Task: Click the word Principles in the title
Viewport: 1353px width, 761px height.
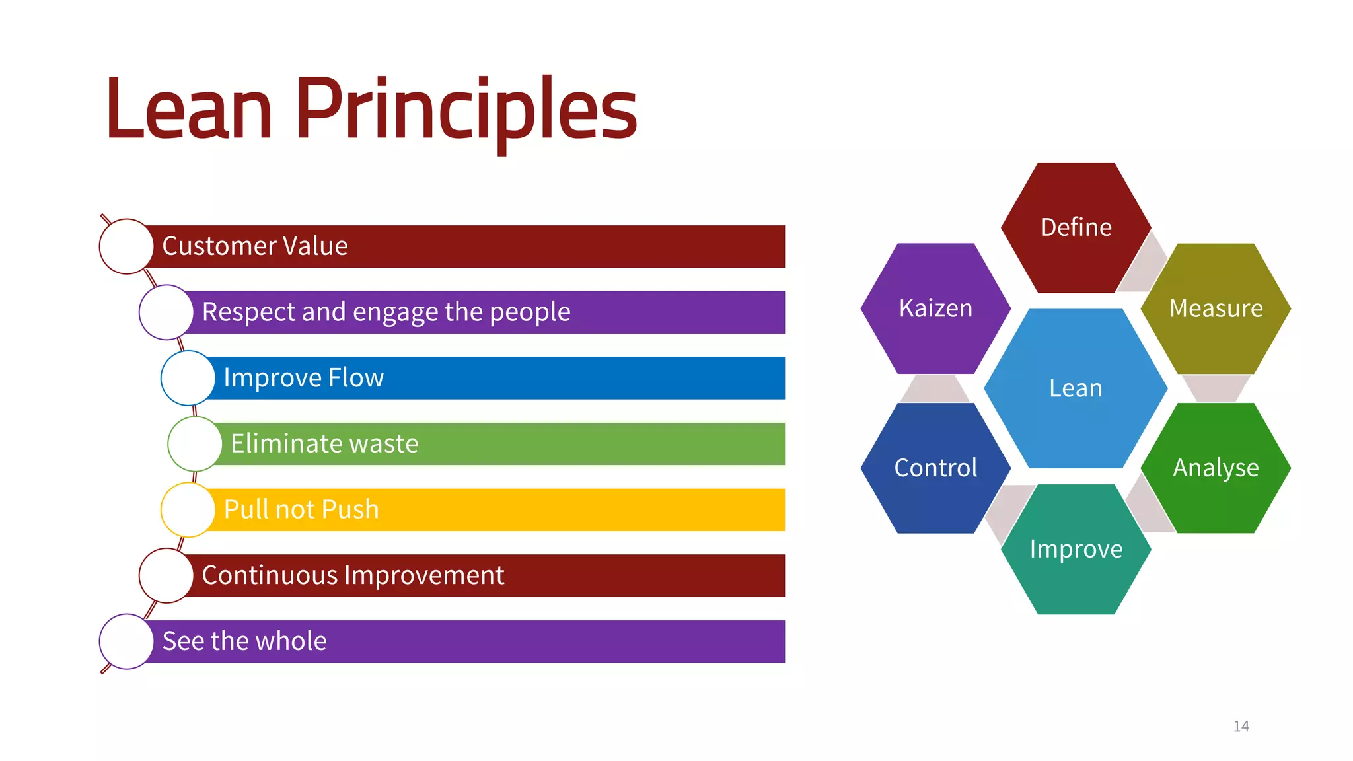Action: (x=466, y=109)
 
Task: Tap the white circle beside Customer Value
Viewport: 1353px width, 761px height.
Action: (x=126, y=246)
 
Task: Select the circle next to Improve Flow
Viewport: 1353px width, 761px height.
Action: (x=188, y=378)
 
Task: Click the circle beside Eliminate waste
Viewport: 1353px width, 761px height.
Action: (x=195, y=443)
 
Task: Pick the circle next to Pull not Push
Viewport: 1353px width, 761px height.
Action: (x=188, y=509)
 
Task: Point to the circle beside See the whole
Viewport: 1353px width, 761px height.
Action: (x=126, y=641)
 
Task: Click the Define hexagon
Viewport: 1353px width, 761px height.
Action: (x=1076, y=227)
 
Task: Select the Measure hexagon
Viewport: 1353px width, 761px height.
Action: (x=1216, y=308)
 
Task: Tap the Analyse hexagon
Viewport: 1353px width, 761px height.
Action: (x=1216, y=468)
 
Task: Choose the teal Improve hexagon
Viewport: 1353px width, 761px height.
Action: (x=1076, y=549)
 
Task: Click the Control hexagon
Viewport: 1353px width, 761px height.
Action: (x=935, y=468)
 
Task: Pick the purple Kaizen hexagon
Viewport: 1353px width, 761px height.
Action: (x=935, y=308)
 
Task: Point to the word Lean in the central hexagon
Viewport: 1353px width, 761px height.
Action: (x=1076, y=388)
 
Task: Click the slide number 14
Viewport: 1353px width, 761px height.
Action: (x=1241, y=726)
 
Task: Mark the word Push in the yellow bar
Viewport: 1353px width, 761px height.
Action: (x=350, y=509)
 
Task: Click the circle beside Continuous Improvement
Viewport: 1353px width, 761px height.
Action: (x=166, y=575)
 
